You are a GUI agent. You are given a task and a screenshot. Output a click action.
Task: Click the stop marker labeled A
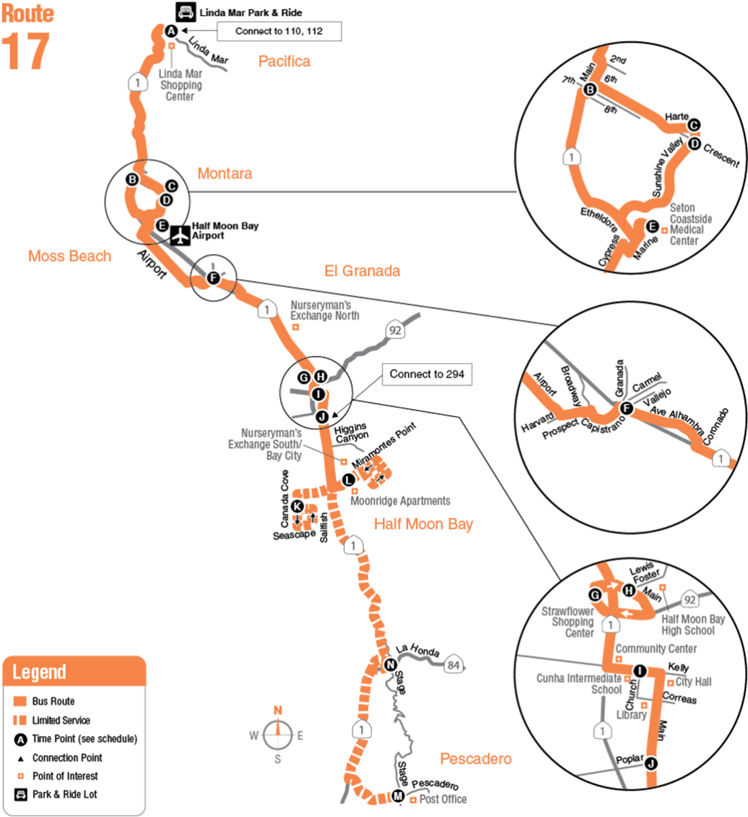point(171,31)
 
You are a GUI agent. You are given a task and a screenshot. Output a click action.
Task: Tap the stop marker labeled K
point(296,507)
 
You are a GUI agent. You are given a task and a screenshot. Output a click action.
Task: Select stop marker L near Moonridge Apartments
point(349,480)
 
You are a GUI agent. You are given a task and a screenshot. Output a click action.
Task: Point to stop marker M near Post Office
point(398,796)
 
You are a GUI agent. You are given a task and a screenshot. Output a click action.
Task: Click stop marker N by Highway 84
point(390,665)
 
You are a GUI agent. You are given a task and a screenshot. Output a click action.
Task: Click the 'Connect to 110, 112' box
point(279,31)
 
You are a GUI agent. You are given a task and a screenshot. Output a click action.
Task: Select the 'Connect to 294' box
point(427,374)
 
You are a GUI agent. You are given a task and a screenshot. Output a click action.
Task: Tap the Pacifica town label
point(285,61)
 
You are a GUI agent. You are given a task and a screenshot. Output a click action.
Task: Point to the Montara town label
point(225,174)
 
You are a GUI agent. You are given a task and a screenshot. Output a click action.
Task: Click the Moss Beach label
point(69,256)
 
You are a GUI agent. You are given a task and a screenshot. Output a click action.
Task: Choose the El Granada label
point(362,271)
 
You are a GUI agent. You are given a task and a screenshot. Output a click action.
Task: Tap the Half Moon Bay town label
point(424,524)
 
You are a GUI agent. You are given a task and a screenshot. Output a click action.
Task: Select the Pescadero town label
point(476,759)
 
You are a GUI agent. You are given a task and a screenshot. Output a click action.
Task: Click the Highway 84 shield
point(454,664)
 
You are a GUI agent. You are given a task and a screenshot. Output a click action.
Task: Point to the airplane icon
point(180,236)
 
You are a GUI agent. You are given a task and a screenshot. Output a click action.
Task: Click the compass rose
point(277,735)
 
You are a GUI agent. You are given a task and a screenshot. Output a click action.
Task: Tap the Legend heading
point(40,672)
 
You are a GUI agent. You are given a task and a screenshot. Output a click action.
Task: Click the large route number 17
point(26,52)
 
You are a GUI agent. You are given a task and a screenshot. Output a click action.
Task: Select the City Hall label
point(694,682)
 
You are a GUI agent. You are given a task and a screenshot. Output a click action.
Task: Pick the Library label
point(631,715)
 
